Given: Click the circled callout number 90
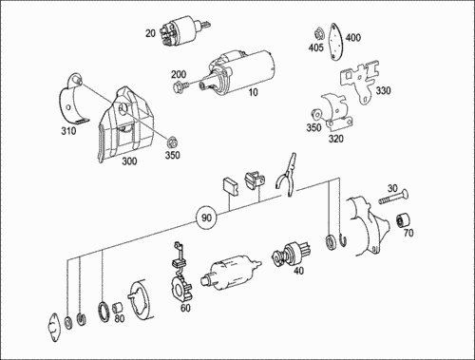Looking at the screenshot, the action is [206, 218].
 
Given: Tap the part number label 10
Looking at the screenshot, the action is [253, 92].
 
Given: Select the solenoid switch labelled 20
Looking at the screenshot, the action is [182, 31].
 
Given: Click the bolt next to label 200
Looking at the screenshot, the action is [180, 85].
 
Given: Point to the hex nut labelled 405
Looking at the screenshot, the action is [318, 32].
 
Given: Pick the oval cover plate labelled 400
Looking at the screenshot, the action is [335, 42].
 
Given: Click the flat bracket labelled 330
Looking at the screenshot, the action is [360, 82].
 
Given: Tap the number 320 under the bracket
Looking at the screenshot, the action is [335, 139].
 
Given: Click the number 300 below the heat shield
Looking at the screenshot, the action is [129, 161].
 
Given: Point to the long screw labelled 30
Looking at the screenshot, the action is [393, 197].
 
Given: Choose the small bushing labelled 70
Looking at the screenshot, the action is [403, 220].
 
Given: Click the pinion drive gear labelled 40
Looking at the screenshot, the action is [291, 254].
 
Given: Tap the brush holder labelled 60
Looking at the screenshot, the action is [180, 275].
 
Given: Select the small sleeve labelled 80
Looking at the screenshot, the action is [118, 308].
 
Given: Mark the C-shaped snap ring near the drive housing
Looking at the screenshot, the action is [343, 240].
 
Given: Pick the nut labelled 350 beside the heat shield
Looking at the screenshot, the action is [172, 142].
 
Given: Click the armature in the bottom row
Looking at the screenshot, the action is [231, 273].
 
